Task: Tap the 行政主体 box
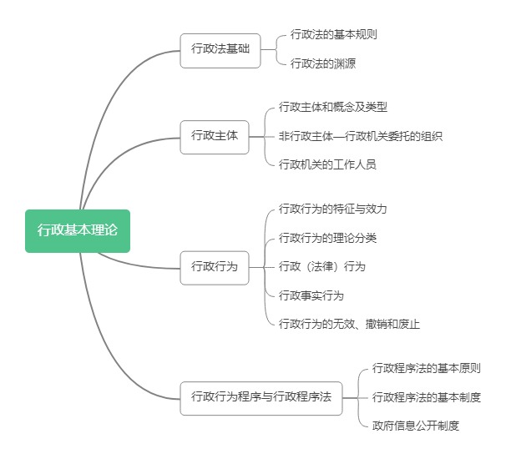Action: (x=215, y=136)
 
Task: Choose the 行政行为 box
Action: (x=215, y=267)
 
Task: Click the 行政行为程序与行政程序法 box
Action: (x=261, y=397)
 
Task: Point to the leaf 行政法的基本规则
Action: (x=326, y=34)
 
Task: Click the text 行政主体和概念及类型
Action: (x=332, y=107)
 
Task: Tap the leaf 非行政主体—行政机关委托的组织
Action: (x=360, y=136)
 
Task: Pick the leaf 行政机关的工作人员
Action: (x=327, y=164)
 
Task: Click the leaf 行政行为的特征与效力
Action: (x=332, y=209)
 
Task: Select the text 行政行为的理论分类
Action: (x=327, y=238)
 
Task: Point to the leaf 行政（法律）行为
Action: (x=321, y=267)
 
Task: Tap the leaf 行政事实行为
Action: (x=311, y=295)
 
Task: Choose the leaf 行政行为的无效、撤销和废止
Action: (x=355, y=324)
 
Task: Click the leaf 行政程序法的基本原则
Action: (x=426, y=368)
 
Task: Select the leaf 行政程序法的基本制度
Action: (x=426, y=397)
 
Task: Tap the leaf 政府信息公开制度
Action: (x=415, y=426)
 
